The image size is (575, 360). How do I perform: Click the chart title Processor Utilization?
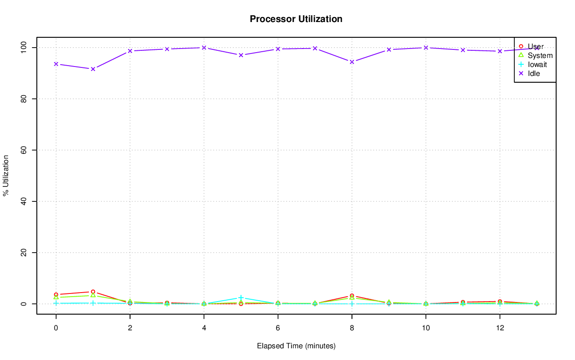[x=296, y=19]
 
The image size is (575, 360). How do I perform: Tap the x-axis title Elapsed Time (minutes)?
[x=296, y=346]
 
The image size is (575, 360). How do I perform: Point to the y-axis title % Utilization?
[x=6, y=175]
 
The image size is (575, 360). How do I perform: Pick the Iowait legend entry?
[x=537, y=64]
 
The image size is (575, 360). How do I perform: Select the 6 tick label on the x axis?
[x=278, y=328]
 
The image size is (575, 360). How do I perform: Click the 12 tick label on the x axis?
[x=500, y=328]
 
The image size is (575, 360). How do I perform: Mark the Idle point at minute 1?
[x=93, y=69]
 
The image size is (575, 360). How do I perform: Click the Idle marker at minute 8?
[x=352, y=62]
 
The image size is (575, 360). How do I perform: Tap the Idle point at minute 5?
[x=241, y=55]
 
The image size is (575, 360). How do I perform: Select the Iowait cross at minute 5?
[x=241, y=298]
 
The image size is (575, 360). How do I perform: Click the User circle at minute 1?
[x=93, y=292]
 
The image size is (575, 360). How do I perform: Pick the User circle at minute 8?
[x=352, y=296]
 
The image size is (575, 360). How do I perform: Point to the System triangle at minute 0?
[x=56, y=298]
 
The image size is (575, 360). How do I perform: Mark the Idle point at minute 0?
[x=56, y=64]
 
